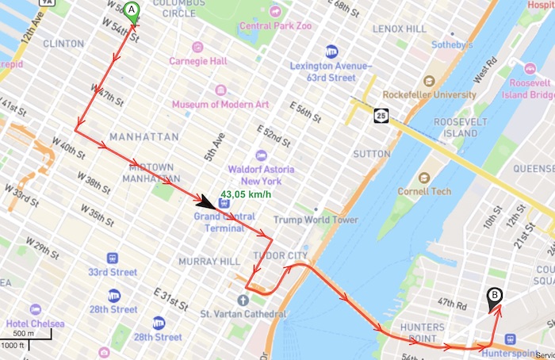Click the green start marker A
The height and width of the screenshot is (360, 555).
pos(132,10)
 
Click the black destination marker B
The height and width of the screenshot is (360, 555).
pos(496,297)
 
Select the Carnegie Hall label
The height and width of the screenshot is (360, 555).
pos(197,61)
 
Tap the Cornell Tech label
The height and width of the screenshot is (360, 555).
pos(447,191)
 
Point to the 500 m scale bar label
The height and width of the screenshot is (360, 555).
pos(24,333)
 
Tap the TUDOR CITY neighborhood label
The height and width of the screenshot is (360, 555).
pos(279,255)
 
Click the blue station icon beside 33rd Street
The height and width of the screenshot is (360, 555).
pos(113,258)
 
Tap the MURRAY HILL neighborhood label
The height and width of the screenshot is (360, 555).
pos(204,261)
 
